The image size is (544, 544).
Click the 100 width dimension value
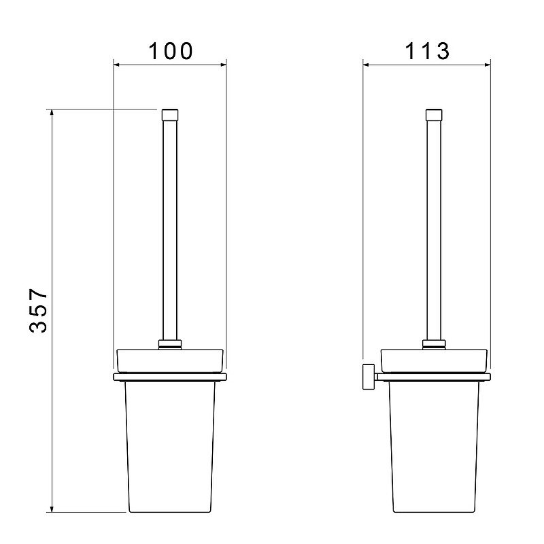[171, 51]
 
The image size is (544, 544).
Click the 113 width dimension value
[427, 51]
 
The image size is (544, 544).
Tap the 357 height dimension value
[38, 310]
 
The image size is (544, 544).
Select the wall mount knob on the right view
[369, 377]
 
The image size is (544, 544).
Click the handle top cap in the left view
[170, 115]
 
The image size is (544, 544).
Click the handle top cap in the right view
[434, 115]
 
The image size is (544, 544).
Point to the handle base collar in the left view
[170, 344]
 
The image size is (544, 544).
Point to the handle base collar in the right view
[434, 344]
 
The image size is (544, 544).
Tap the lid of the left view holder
[170, 361]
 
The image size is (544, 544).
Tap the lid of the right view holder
[434, 361]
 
